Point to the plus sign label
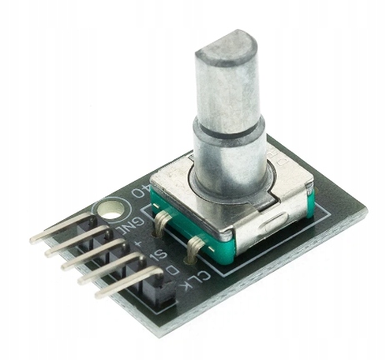[x=139, y=243]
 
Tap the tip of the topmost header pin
[x=34, y=238]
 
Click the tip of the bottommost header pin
[x=98, y=293]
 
